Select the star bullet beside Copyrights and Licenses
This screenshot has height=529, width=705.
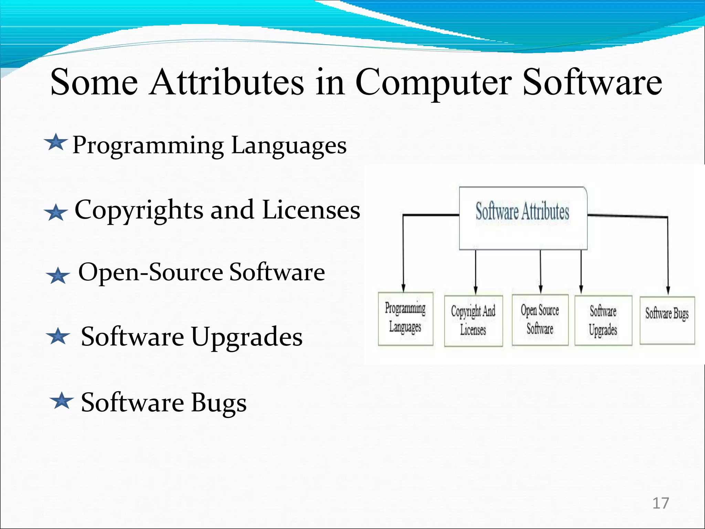56,212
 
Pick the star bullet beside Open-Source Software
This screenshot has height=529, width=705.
58,276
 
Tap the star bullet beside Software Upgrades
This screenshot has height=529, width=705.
58,336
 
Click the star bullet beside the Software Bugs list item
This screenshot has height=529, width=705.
62,401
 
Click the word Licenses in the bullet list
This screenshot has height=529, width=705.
311,210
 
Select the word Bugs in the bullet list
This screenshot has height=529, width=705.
219,403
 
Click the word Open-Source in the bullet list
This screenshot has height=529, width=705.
151,272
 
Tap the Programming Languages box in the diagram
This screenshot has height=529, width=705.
406,319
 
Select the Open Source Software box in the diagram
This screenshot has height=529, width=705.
540,320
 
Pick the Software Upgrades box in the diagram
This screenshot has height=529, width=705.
603,321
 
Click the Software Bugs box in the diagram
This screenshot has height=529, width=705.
667,320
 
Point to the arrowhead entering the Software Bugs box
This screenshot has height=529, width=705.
668,290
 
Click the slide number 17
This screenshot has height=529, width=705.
661,504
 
